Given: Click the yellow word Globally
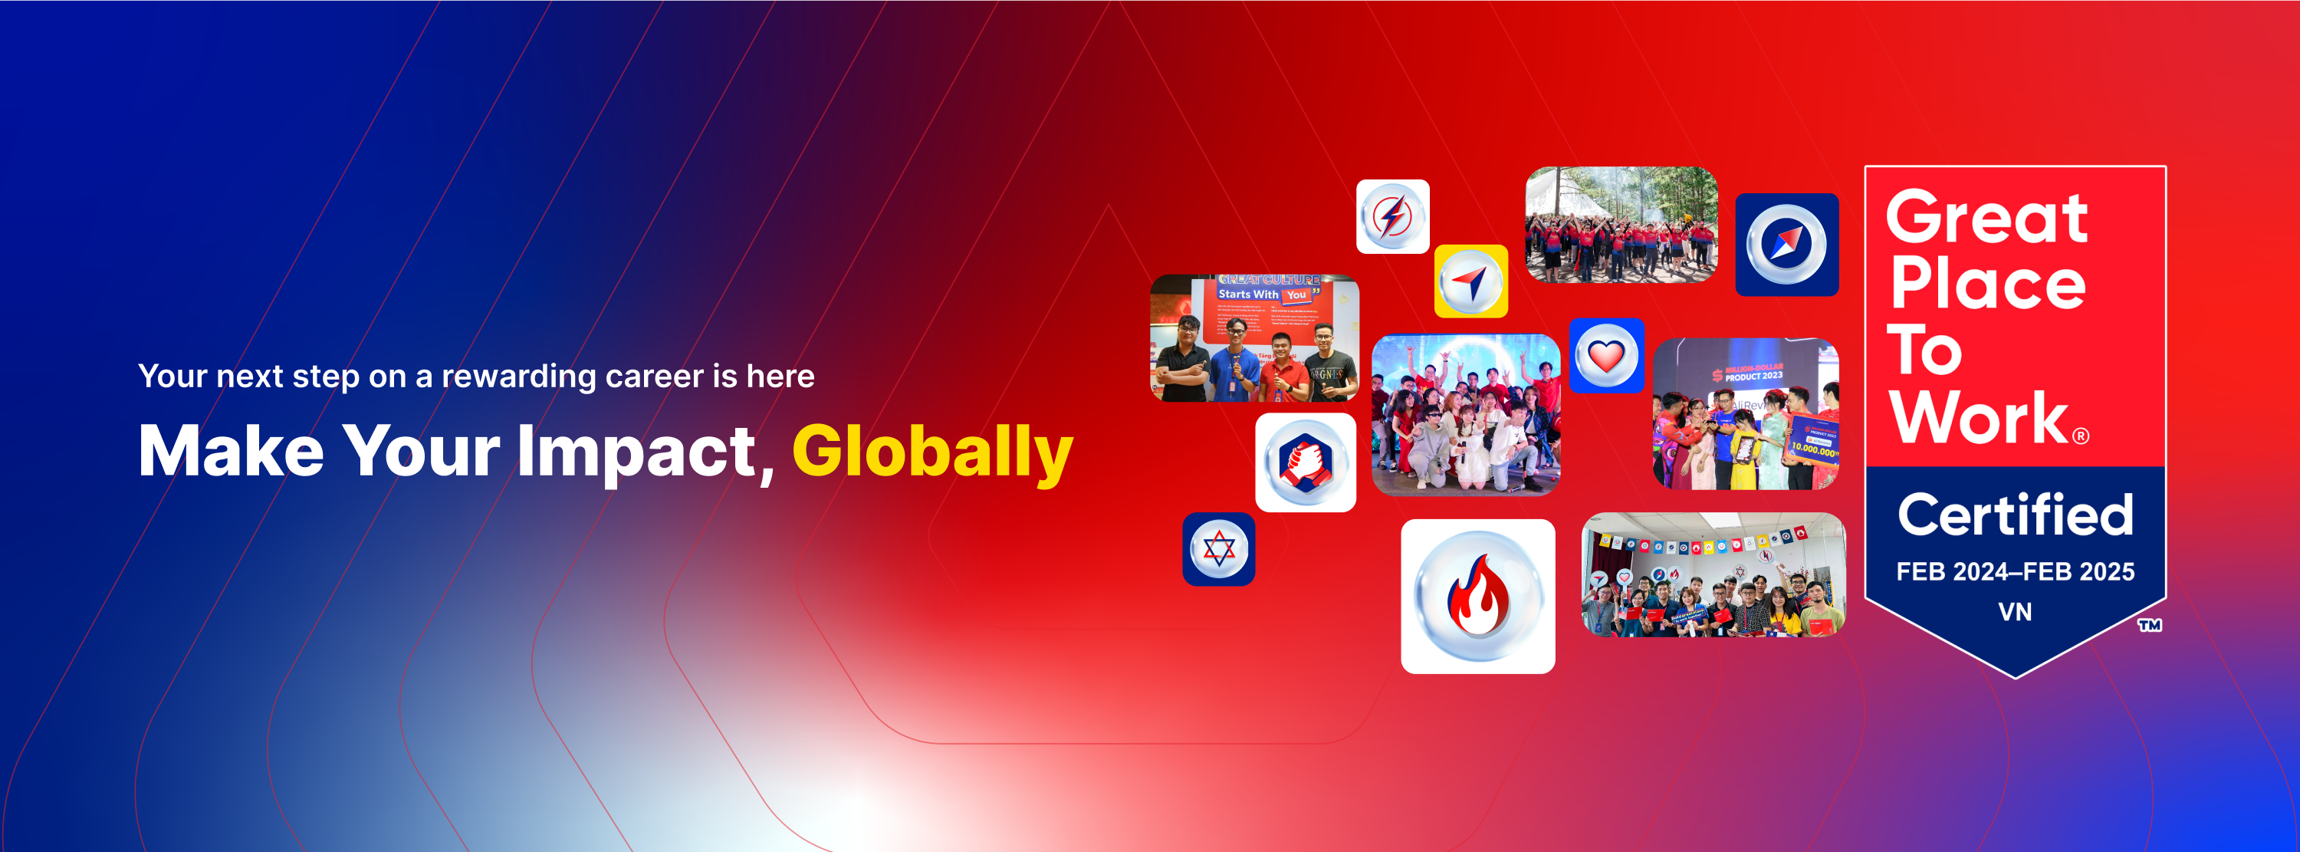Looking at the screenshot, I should [x=932, y=452].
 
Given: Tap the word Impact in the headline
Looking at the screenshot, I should [x=636, y=452].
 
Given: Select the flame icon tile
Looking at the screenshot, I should [x=1477, y=597].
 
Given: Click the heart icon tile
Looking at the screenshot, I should [x=1606, y=355].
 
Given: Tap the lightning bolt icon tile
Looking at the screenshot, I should [x=1392, y=217].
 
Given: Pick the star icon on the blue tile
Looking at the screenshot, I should [x=1219, y=549].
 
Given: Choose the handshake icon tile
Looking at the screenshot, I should [x=1306, y=462].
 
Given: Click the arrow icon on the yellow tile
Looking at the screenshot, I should [x=1470, y=281].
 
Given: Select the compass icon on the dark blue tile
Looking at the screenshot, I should [x=1786, y=245].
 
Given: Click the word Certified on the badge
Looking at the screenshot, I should [x=2015, y=515].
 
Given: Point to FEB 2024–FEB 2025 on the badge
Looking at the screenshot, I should [x=2015, y=571].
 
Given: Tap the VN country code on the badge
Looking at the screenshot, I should [x=2014, y=612].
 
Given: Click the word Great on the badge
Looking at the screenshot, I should [x=1986, y=218].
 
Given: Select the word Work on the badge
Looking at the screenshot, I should [x=1979, y=418].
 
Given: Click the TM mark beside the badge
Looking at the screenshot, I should [x=2149, y=625].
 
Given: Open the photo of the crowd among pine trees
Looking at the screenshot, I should [x=1621, y=225].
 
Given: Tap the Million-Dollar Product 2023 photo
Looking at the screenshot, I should [x=1746, y=413].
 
